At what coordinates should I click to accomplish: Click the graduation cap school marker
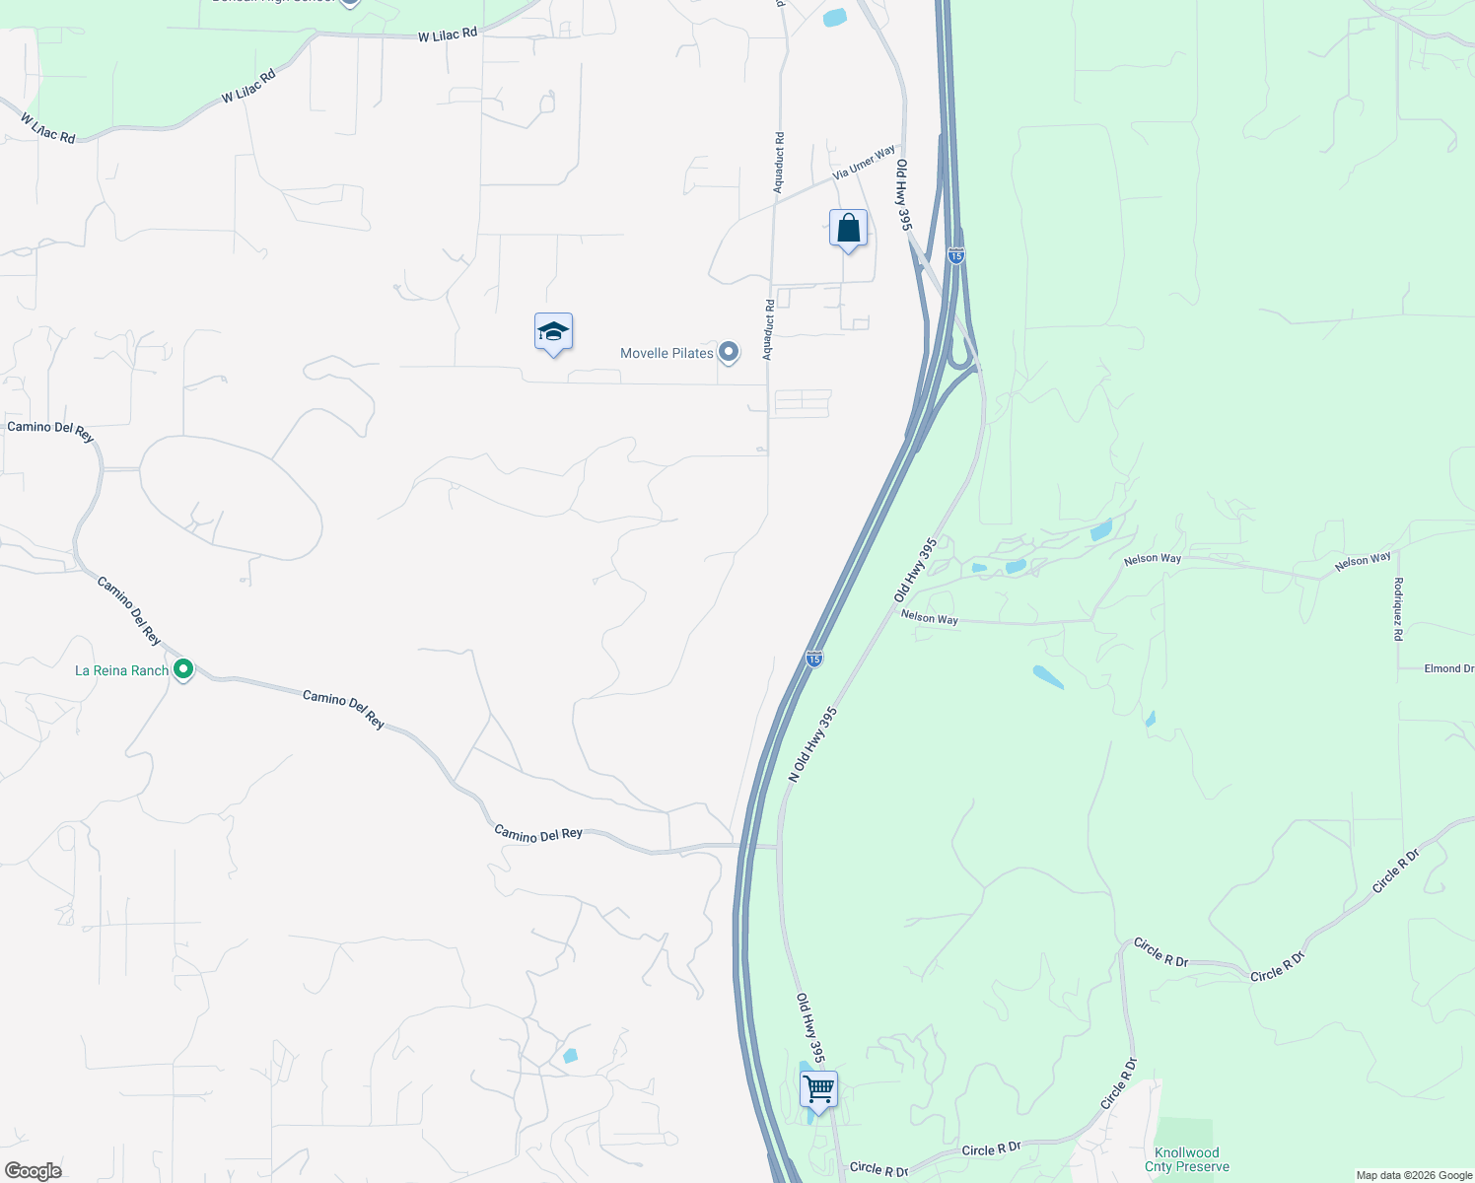(553, 333)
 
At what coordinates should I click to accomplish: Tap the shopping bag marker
(848, 229)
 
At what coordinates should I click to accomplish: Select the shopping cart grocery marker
(818, 1090)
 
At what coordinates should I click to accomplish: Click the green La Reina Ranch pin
(183, 670)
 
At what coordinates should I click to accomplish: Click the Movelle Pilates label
(667, 353)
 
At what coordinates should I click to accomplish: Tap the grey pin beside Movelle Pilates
(729, 352)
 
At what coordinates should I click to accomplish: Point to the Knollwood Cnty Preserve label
(1187, 1159)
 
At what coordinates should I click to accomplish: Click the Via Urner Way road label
(864, 163)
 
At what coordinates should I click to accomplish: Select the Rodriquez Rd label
(1398, 609)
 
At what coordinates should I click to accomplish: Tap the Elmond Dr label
(1448, 668)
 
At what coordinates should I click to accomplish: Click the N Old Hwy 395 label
(812, 744)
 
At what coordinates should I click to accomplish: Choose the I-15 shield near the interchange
(955, 255)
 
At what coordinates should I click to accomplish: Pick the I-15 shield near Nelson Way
(813, 658)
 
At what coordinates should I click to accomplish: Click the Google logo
(34, 1171)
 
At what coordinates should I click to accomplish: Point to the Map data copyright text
(1414, 1175)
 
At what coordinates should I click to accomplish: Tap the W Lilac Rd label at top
(448, 35)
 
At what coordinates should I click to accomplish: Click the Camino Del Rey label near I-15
(538, 834)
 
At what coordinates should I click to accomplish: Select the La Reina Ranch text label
(122, 670)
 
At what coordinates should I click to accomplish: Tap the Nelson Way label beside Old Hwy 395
(929, 618)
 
